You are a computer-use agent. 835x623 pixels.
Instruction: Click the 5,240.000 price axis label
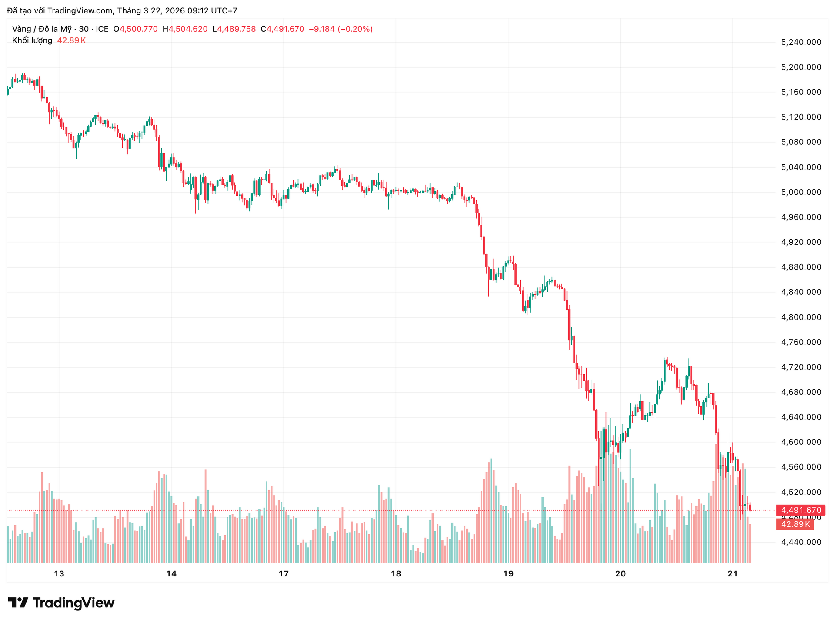pos(801,42)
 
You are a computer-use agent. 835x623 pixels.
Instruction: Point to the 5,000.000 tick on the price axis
pos(801,192)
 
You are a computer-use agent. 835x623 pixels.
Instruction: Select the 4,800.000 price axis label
pos(801,317)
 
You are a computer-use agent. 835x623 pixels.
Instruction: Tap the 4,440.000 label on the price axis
pos(801,542)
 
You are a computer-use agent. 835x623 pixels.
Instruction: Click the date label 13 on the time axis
pos(59,574)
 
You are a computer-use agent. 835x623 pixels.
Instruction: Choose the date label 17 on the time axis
pos(284,574)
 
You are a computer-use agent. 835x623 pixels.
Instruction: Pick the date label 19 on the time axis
pos(508,574)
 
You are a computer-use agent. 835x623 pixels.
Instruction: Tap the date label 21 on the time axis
pos(733,574)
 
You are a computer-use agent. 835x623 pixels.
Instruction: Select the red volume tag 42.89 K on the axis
pos(795,524)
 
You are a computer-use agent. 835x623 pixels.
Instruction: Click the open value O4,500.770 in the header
pos(135,29)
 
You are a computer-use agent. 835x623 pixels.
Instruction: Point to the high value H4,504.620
pos(185,29)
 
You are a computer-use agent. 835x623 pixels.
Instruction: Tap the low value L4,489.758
pos(234,29)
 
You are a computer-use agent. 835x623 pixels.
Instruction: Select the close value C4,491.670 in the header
pos(282,29)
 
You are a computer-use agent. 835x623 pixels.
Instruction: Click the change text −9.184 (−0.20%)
pos(341,29)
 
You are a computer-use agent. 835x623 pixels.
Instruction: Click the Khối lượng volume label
pos(32,40)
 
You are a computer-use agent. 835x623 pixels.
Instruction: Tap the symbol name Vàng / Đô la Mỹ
pos(42,29)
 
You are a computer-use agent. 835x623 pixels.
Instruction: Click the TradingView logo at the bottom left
pos(61,603)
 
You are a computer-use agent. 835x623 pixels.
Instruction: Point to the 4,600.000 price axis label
pos(801,442)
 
